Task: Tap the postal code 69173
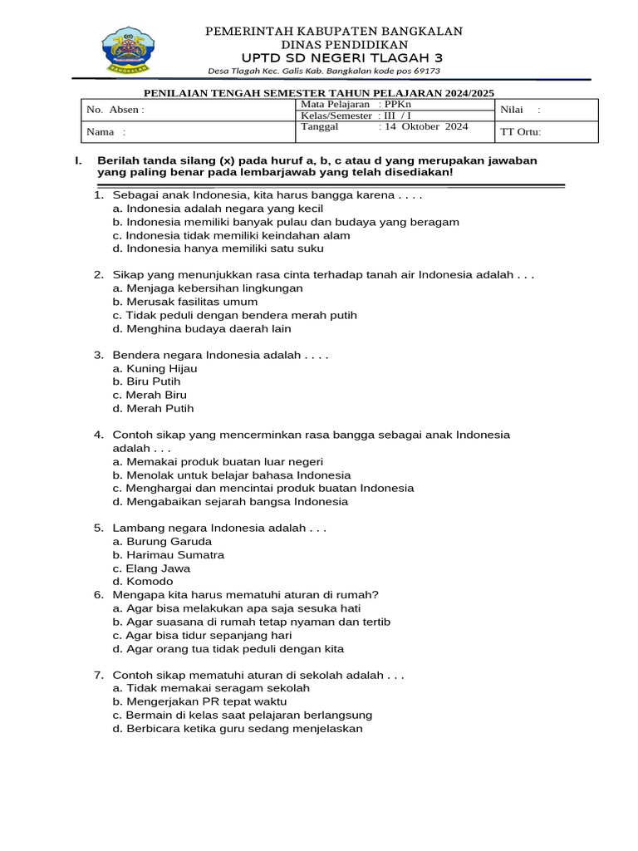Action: pyautogui.click(x=423, y=71)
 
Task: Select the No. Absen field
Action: pyautogui.click(x=115, y=110)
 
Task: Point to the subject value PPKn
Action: pyautogui.click(x=399, y=105)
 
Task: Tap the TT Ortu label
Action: pyautogui.click(x=520, y=132)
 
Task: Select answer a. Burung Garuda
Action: pyautogui.click(x=162, y=542)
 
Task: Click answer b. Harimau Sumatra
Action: pyautogui.click(x=169, y=555)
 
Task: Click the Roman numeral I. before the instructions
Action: pyautogui.click(x=78, y=160)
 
